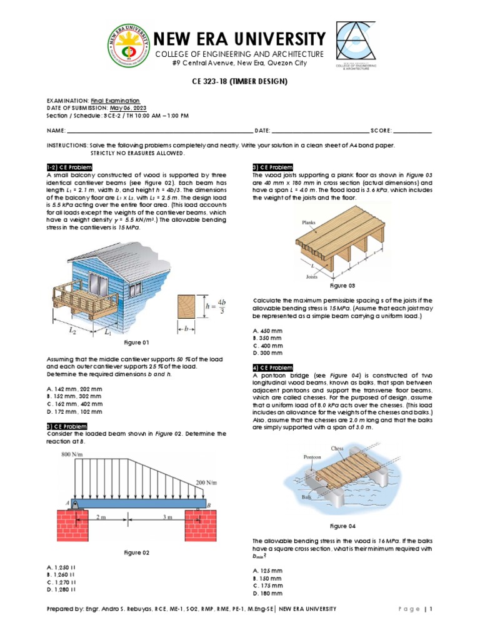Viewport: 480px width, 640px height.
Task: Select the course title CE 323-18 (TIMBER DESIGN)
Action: tap(240, 82)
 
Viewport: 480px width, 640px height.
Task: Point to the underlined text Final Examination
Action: tap(116, 101)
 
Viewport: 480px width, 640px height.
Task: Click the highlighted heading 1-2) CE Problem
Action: tap(70, 167)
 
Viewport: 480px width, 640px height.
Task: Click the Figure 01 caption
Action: tap(136, 342)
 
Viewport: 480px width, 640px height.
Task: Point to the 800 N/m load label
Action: tap(73, 454)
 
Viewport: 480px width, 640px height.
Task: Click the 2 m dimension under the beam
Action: tap(101, 517)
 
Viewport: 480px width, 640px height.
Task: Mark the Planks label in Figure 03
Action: tap(309, 222)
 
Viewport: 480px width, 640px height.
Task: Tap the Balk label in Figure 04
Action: tap(307, 497)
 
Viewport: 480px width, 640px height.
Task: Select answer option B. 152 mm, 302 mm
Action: tap(76, 396)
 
